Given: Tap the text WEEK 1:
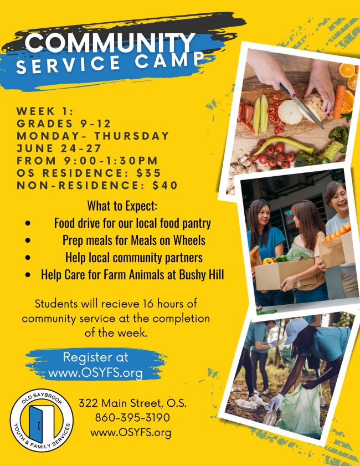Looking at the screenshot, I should (45, 111).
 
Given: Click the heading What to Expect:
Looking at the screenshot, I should (122, 206).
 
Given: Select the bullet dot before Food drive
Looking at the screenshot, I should (28, 224).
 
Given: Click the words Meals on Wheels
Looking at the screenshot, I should (171, 240).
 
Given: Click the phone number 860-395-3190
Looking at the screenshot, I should (132, 417).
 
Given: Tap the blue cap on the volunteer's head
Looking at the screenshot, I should (296, 328).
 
